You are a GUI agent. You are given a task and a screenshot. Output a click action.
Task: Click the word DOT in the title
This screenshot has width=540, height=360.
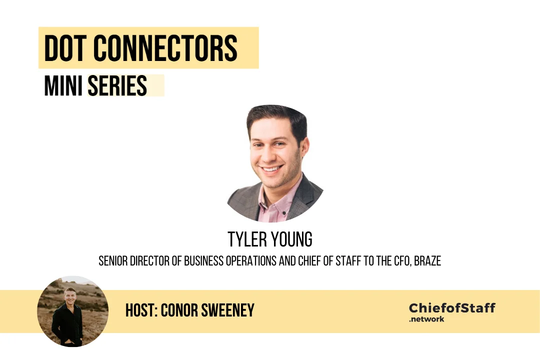pyautogui.click(x=65, y=48)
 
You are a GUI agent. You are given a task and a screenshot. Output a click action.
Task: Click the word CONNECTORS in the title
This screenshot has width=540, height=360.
pyautogui.click(x=165, y=48)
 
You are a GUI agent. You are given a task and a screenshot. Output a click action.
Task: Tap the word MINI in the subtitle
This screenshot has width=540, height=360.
pyautogui.click(x=64, y=86)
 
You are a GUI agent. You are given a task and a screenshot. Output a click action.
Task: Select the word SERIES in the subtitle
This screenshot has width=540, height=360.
pyautogui.click(x=117, y=86)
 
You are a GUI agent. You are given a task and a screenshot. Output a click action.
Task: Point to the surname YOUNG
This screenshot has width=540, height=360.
pyautogui.click(x=292, y=240)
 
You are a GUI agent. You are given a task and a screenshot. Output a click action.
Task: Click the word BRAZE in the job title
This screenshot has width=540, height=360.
pyautogui.click(x=427, y=261)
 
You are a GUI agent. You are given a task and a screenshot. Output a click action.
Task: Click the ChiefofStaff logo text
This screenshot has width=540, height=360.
pyautogui.click(x=451, y=307)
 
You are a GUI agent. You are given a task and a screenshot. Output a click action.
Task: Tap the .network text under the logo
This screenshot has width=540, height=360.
pyautogui.click(x=426, y=319)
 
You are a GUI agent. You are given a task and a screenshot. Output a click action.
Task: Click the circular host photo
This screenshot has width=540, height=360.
pyautogui.click(x=72, y=311)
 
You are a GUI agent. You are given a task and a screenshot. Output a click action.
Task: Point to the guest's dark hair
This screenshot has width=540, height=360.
pyautogui.click(x=277, y=117)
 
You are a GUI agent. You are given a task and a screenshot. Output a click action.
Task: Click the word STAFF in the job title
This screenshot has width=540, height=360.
pyautogui.click(x=343, y=261)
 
